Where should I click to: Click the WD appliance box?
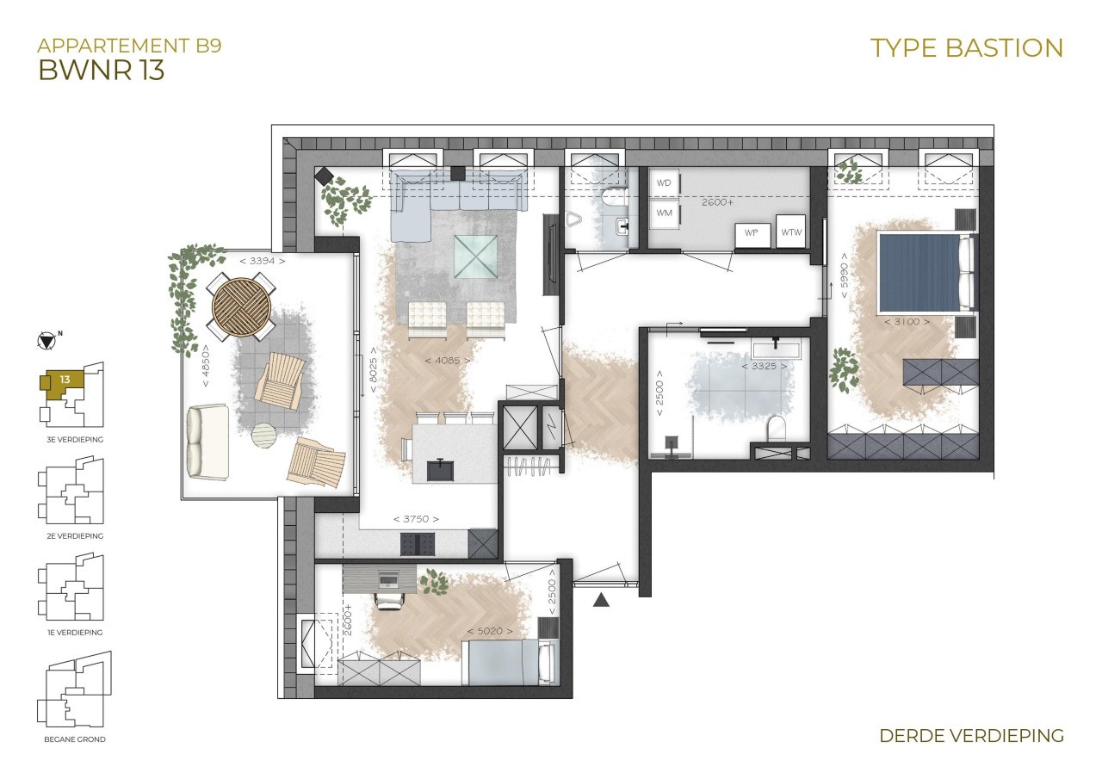coord(664,183)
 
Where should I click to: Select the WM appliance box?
coord(664,213)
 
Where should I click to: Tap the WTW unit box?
coord(791,232)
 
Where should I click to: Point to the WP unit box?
coord(752,235)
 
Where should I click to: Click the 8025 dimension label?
coord(374,370)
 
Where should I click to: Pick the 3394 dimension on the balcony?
coord(263,261)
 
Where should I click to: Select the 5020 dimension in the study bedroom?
coord(490,631)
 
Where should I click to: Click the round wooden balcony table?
coord(241,307)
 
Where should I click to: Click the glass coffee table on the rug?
coord(475,257)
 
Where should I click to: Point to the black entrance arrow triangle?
coord(601,600)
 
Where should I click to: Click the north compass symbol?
coord(46,341)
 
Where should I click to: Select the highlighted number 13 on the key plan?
coord(65,380)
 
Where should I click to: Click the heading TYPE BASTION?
coord(967,48)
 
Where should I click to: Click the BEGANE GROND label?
coord(75,739)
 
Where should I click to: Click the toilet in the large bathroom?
coord(777,427)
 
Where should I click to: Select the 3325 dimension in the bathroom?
coord(764,367)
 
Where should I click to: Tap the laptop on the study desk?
coord(388,580)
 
